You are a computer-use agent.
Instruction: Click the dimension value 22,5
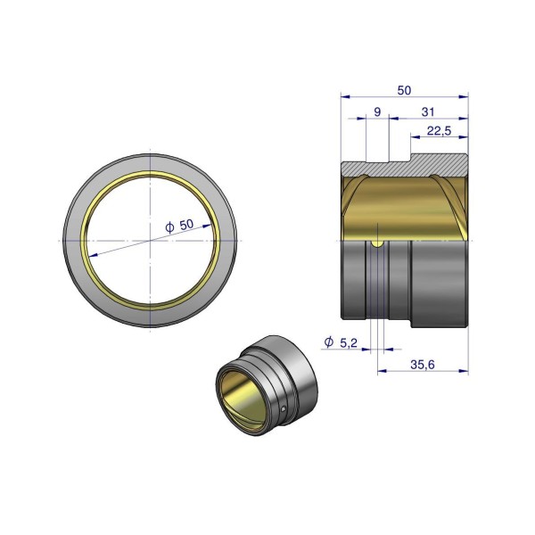coord(439,130)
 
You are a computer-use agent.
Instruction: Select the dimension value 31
coord(428,112)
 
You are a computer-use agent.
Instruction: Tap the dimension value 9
coord(377,112)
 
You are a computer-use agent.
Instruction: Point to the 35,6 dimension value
coord(423,365)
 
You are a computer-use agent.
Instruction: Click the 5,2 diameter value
coord(349,342)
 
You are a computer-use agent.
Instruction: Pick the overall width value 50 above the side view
coord(404,90)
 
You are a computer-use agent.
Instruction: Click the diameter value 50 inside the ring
coord(186,225)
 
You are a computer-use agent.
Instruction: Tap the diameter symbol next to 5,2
coord(329,342)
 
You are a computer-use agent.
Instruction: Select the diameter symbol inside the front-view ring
coord(169,227)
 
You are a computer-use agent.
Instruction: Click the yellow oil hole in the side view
coord(377,243)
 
